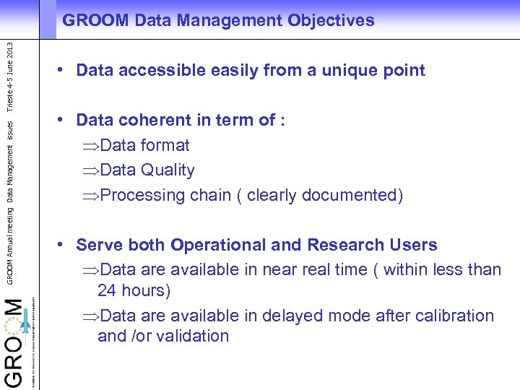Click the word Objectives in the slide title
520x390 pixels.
pyautogui.click(x=330, y=21)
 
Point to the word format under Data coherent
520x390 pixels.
pyautogui.click(x=165, y=145)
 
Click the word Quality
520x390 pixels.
pyautogui.click(x=168, y=170)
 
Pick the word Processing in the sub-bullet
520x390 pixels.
pyautogui.click(x=143, y=195)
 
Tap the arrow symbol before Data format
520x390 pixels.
pyautogui.click(x=91, y=146)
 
